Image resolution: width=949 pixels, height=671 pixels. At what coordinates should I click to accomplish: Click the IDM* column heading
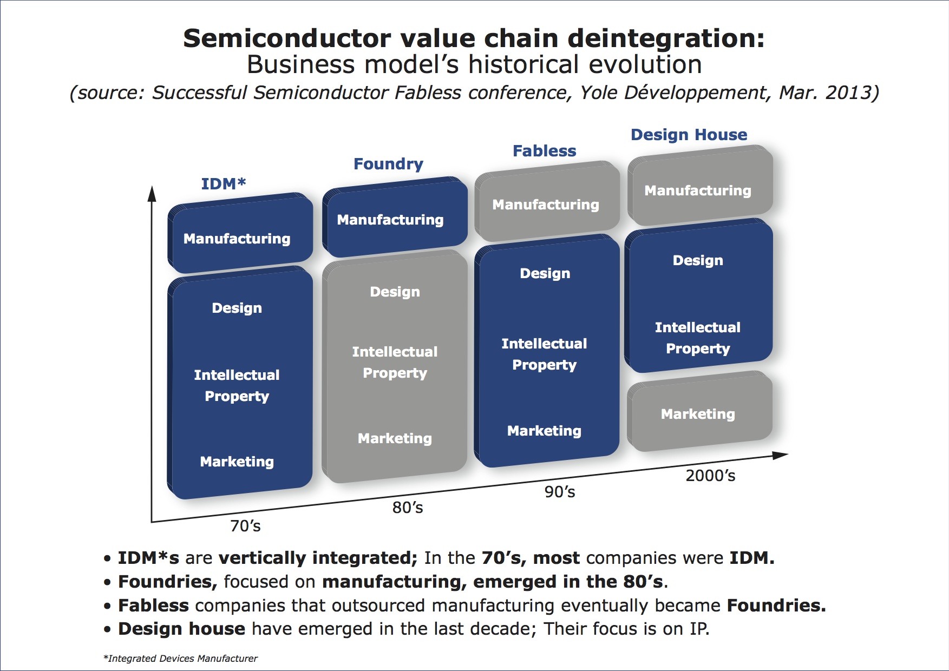pos(224,184)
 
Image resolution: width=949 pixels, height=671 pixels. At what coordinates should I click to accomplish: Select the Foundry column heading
pos(388,164)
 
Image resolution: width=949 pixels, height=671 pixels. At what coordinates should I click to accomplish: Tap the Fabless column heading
pos(544,151)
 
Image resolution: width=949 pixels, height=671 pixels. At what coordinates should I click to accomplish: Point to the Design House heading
pos(689,135)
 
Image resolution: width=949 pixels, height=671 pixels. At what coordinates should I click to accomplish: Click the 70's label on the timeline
pos(245,526)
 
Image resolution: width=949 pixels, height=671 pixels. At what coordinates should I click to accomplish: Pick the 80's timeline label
pos(408,508)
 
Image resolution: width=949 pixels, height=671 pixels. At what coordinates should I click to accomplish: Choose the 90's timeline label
pos(560,492)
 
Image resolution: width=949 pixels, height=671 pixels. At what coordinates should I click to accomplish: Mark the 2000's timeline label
pos(710,476)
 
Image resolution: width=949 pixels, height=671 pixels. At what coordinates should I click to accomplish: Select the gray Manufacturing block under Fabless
pos(547,201)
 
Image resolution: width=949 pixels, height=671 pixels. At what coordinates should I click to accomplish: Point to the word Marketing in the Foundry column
pos(395,438)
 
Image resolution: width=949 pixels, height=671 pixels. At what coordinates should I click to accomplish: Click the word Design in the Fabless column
pos(545,274)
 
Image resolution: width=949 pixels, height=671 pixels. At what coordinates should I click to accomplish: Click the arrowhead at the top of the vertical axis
pos(152,194)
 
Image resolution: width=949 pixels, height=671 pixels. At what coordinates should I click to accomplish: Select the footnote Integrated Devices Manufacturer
pos(180,659)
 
